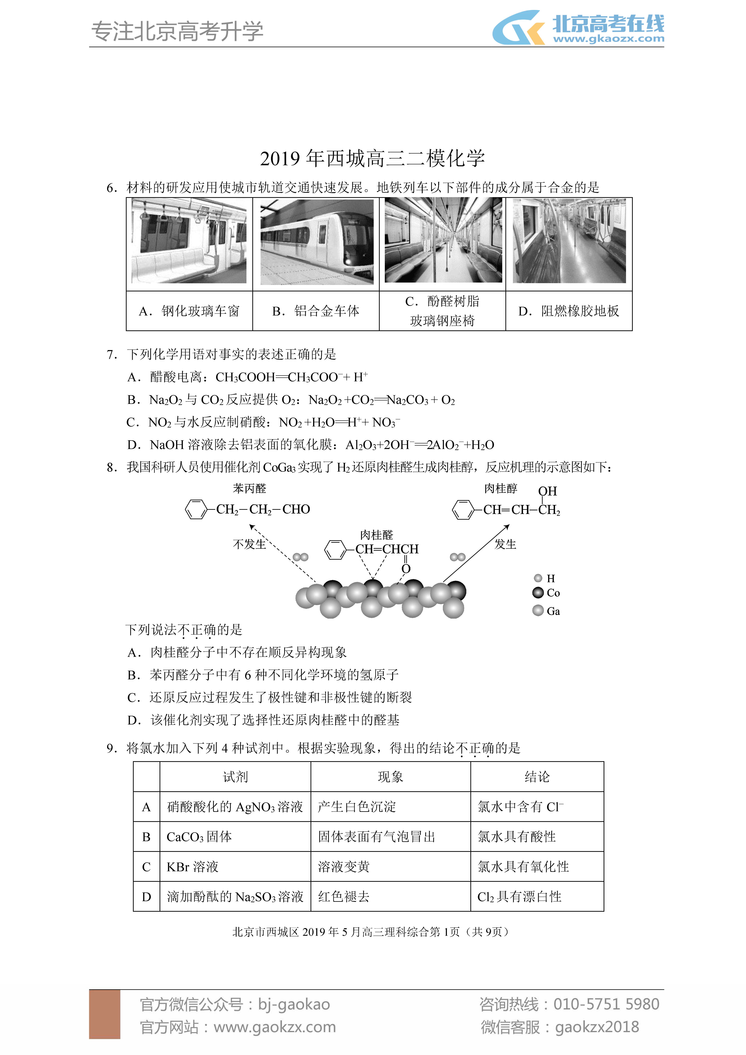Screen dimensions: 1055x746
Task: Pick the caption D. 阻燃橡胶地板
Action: click(569, 311)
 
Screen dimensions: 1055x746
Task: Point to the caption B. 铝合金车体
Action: click(316, 311)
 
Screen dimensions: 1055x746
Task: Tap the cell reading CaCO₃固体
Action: click(199, 837)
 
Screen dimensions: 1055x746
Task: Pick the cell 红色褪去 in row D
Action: click(344, 897)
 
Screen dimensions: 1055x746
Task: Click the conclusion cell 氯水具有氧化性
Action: click(523, 867)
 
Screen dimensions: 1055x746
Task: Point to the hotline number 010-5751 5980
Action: click(606, 1004)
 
